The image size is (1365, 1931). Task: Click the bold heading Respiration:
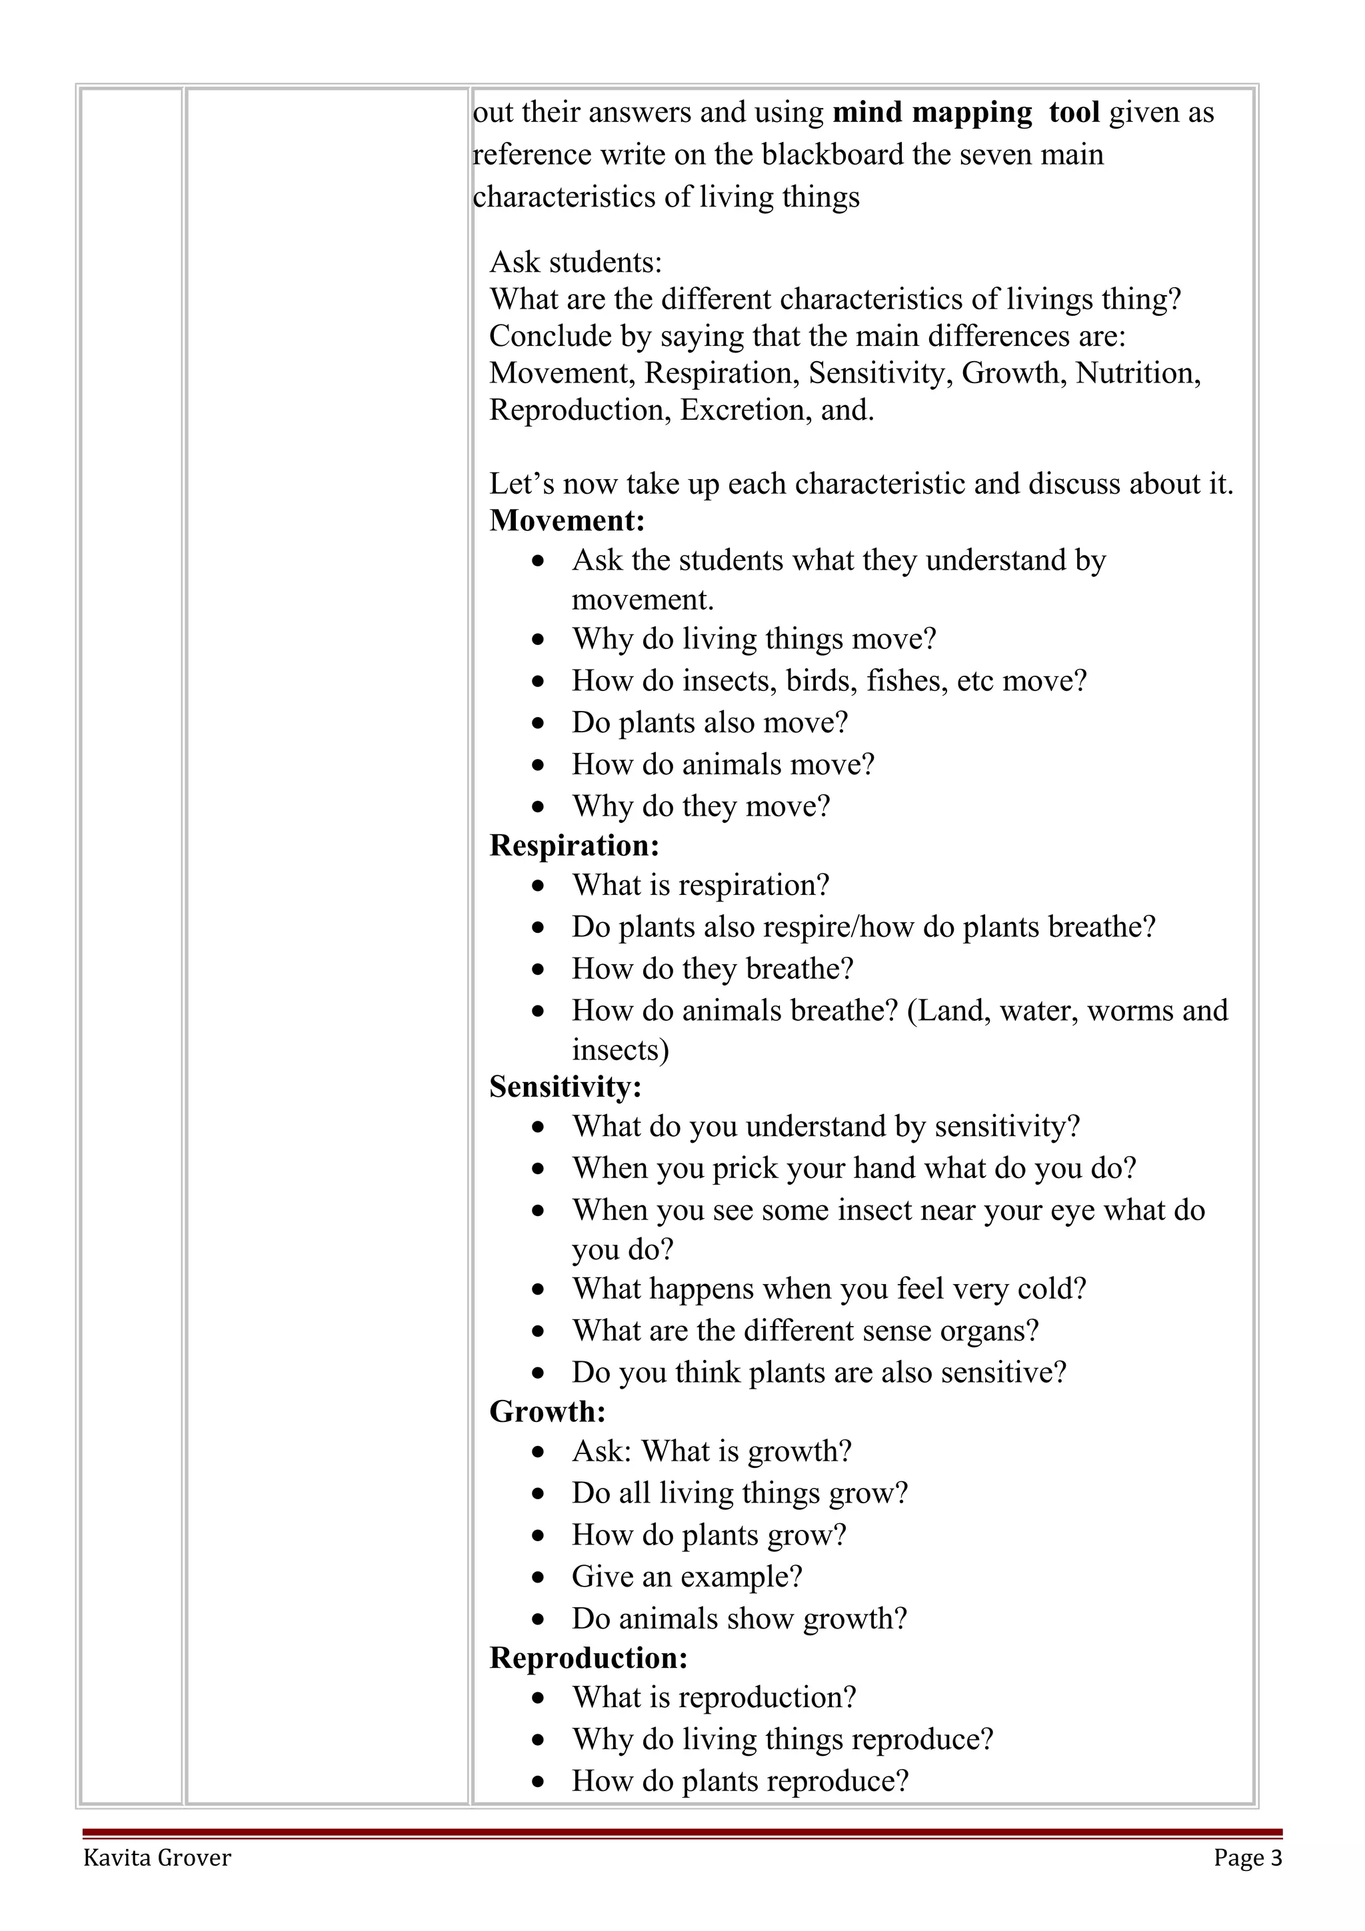point(575,846)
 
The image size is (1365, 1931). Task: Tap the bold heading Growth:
point(547,1411)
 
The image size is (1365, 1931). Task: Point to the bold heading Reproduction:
point(589,1658)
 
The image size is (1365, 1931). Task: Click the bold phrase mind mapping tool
point(966,112)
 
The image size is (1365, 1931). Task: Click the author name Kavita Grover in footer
point(157,1857)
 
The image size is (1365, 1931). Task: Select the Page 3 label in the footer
point(1247,1857)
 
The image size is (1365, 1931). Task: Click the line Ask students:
point(575,263)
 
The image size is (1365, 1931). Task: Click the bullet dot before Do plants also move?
point(539,723)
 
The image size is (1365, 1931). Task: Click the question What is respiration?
point(700,885)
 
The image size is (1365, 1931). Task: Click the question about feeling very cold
point(828,1289)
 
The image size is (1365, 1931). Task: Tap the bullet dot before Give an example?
point(539,1577)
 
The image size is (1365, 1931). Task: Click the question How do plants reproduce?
point(740,1780)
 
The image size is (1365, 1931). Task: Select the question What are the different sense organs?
point(805,1331)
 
